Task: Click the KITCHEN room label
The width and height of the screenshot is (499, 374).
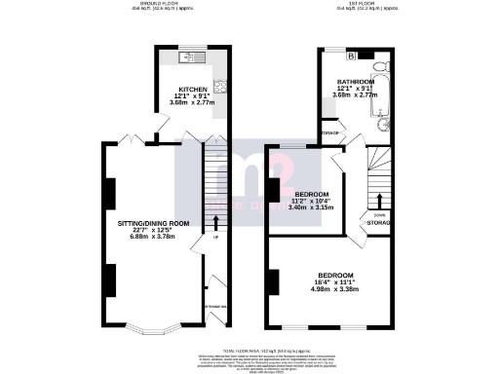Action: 192,87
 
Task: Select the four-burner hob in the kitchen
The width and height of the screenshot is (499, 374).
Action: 220,84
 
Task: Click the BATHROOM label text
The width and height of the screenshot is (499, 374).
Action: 355,82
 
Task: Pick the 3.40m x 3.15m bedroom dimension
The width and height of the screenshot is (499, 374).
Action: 312,207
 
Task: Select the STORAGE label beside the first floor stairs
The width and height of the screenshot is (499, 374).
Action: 378,223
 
